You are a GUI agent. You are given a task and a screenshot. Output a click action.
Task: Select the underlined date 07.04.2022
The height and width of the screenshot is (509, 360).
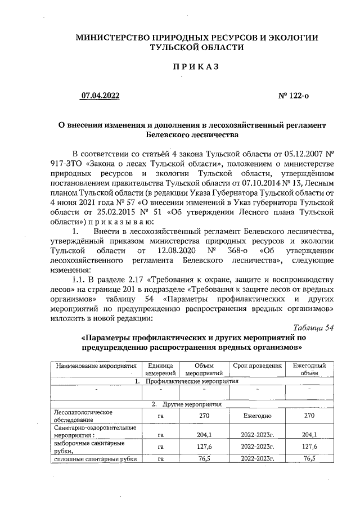pyautogui.click(x=100, y=96)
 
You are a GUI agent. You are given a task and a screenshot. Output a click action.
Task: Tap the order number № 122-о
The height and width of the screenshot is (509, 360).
pyautogui.click(x=294, y=96)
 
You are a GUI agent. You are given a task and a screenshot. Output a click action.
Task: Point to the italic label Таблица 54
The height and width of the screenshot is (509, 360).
pyautogui.click(x=314, y=328)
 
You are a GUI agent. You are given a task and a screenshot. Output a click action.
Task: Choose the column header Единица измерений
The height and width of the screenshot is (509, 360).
pyautogui.click(x=160, y=369)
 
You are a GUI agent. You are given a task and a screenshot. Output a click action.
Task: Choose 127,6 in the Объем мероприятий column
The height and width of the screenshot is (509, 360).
pyautogui.click(x=204, y=447)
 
